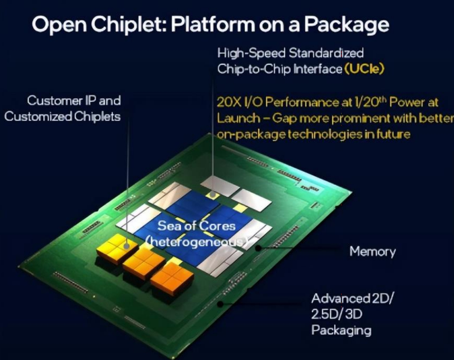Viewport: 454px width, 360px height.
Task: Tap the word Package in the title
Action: (x=346, y=25)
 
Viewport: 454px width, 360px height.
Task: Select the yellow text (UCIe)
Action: (x=364, y=68)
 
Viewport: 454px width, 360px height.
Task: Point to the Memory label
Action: (x=372, y=252)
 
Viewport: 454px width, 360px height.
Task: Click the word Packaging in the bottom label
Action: (x=341, y=330)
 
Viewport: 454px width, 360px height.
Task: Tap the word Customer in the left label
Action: (x=54, y=101)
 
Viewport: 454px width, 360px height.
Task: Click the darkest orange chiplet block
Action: (x=172, y=276)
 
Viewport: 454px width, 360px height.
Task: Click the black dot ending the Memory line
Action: (x=258, y=248)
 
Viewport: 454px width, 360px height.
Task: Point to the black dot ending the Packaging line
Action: (x=220, y=303)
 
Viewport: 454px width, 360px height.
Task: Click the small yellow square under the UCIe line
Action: (x=212, y=194)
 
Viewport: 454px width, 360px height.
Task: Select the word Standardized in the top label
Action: (x=326, y=53)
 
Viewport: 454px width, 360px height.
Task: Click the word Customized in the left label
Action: (x=38, y=116)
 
